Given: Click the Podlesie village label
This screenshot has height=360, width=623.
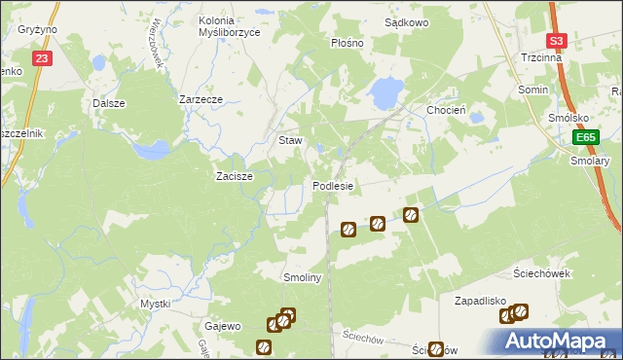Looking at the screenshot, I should (333, 186).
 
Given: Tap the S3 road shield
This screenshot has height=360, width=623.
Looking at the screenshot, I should (556, 41).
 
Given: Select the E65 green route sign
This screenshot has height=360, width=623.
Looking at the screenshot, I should (583, 138).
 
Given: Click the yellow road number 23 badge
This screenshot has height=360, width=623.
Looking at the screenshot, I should (41, 59).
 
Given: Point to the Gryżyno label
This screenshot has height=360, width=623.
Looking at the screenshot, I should (37, 30).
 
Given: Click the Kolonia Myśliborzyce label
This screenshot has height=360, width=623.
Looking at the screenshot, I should (229, 26).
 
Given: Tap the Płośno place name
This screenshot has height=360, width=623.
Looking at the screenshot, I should (347, 44).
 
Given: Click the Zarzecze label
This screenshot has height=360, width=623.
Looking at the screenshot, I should (202, 99).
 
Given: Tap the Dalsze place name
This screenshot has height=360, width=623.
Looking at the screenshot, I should (109, 102).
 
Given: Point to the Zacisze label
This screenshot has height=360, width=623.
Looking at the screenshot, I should (234, 177).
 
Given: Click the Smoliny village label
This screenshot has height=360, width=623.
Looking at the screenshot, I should (302, 277).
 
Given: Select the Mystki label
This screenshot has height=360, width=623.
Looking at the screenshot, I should (156, 304).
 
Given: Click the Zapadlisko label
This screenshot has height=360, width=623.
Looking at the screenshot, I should (484, 302).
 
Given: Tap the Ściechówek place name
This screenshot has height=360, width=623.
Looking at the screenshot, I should (543, 273).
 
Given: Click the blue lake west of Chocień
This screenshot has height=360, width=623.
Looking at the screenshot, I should (385, 93).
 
